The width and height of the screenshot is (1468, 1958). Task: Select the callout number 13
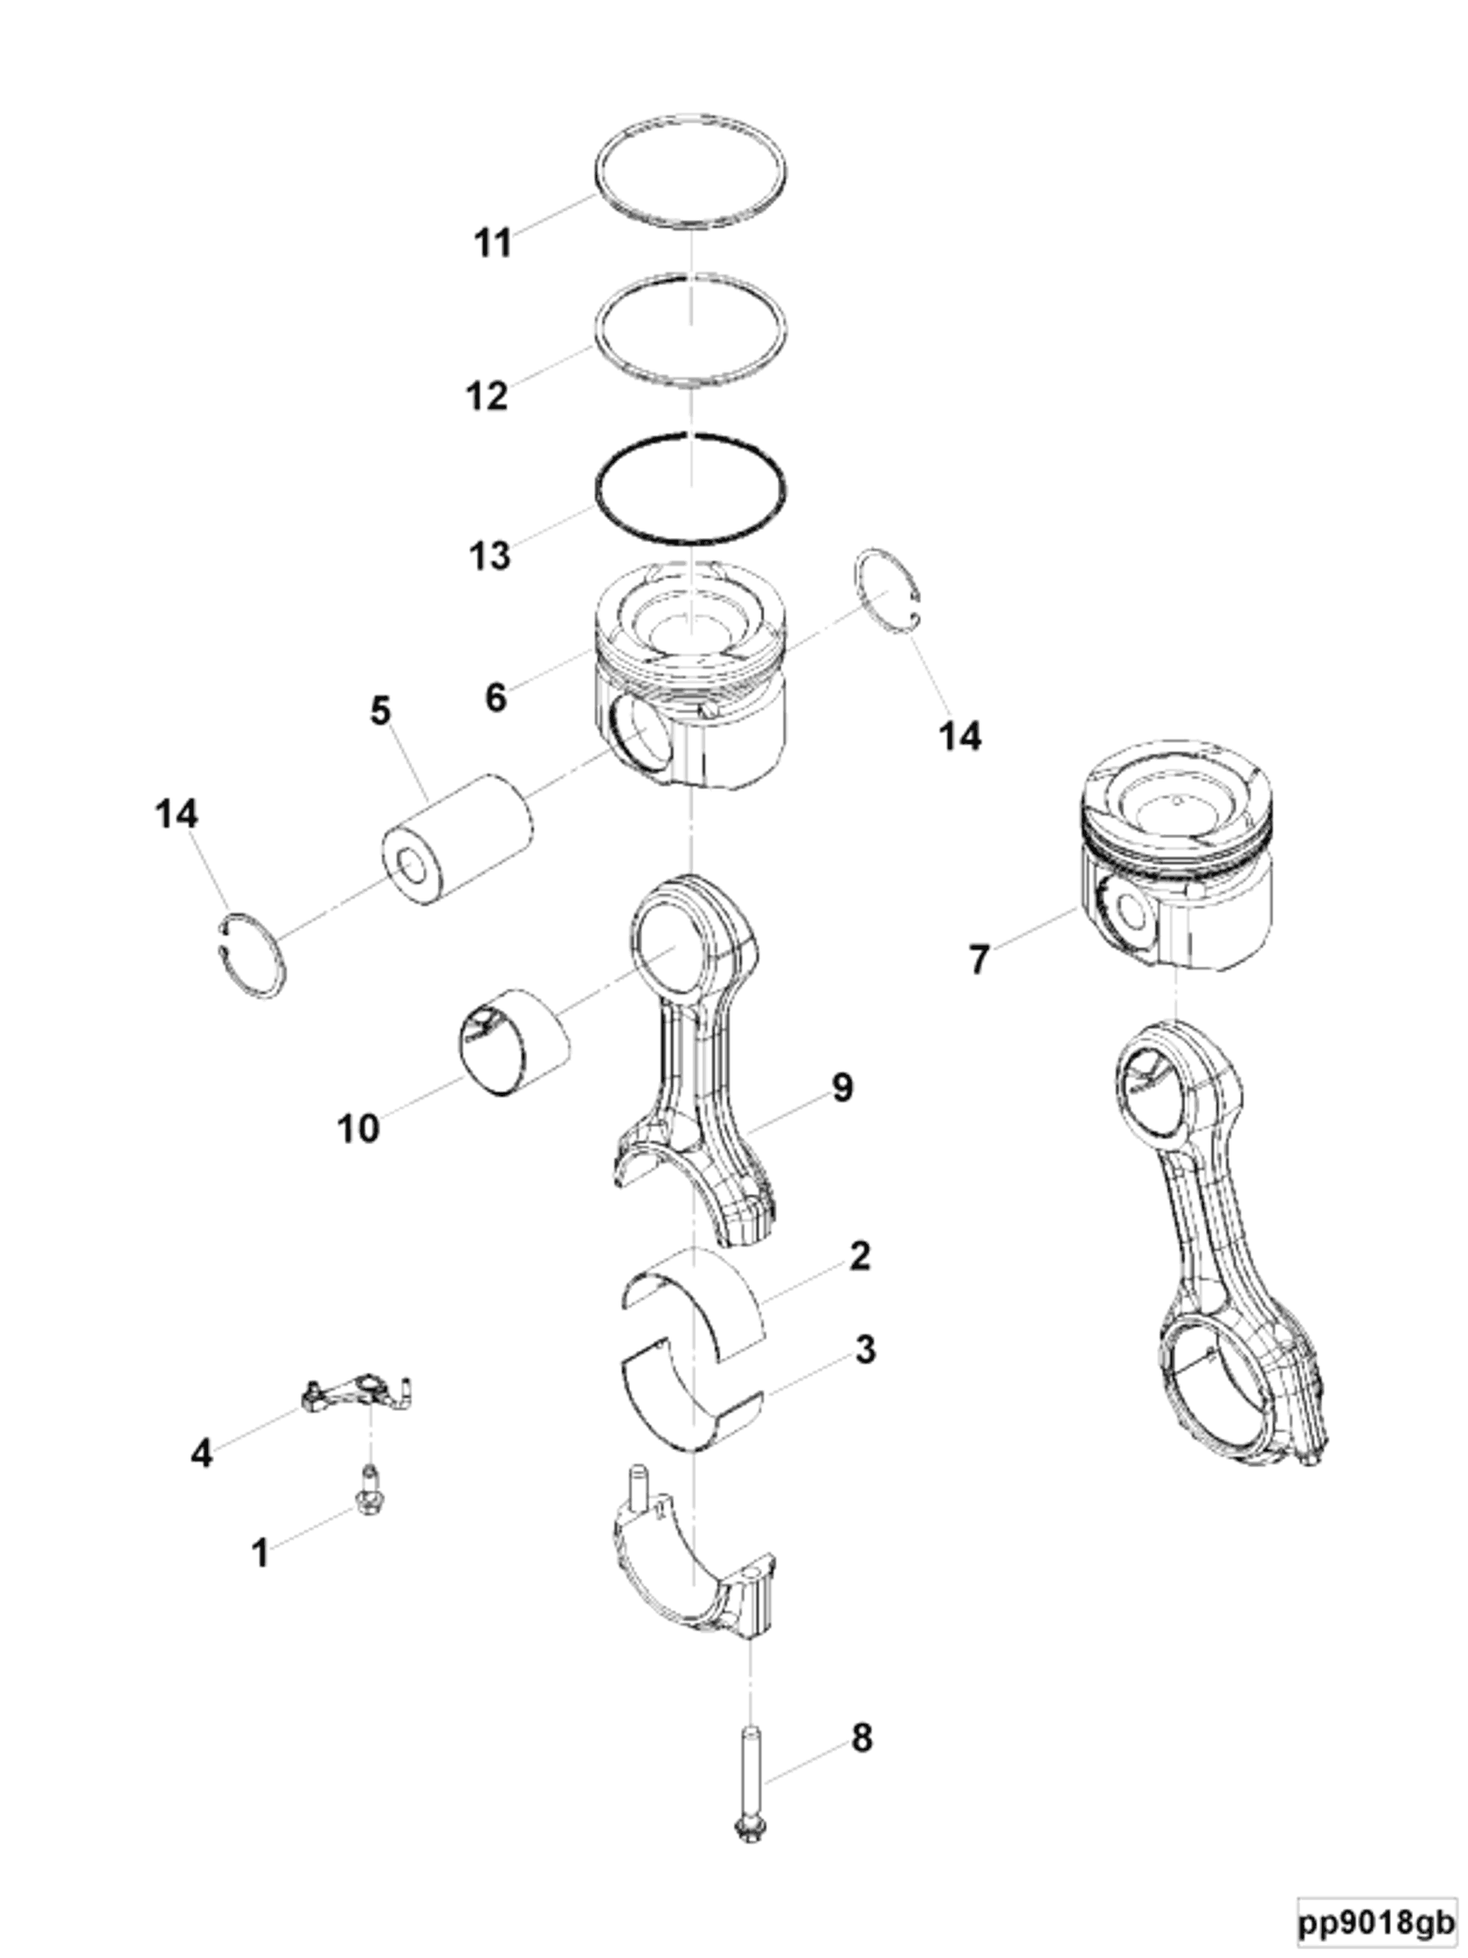[489, 555]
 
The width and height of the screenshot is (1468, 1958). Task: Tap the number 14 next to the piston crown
[959, 736]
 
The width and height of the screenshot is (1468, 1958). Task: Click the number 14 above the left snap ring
[177, 814]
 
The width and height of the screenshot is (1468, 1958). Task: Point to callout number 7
[978, 959]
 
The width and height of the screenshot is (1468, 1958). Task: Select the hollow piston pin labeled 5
[457, 837]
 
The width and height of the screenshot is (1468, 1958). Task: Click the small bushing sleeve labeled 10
[513, 1040]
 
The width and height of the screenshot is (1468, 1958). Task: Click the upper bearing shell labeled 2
[699, 1299]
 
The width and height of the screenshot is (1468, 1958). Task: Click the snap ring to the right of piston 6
[890, 588]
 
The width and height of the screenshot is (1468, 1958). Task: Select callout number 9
[841, 1088]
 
